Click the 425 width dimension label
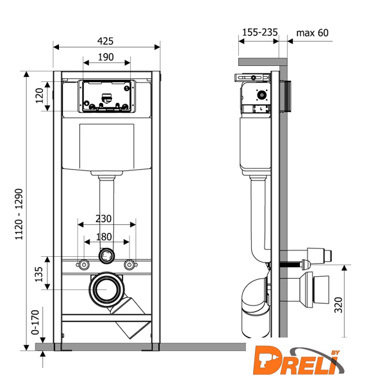click(x=105, y=41)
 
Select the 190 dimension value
click(x=106, y=57)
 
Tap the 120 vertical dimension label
click(x=39, y=95)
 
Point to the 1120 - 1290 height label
click(x=19, y=214)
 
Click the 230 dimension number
click(x=103, y=218)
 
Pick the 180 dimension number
click(x=104, y=237)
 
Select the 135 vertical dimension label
click(x=39, y=274)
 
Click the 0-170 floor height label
click(x=35, y=322)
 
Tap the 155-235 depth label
click(x=260, y=33)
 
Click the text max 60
click(x=313, y=33)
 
